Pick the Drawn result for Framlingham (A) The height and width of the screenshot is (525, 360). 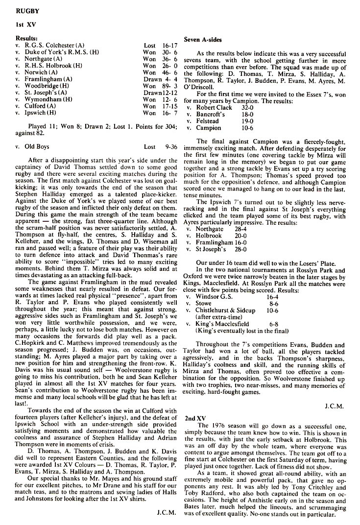[152, 79]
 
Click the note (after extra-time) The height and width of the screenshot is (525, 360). [220, 317]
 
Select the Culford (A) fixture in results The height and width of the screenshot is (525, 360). [41, 105]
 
